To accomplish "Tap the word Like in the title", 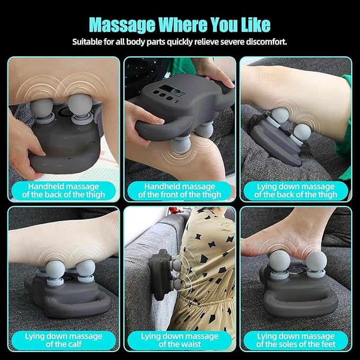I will coord(250,25).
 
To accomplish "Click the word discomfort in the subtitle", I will coord(264,41).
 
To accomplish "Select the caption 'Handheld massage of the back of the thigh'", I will coord(63,190).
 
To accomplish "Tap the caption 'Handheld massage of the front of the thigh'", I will coord(179,190).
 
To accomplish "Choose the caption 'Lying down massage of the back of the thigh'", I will coord(295,190).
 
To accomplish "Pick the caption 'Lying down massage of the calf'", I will coord(63,340).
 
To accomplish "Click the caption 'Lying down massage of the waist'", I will coord(179,340).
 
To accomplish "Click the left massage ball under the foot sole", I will coord(279,261).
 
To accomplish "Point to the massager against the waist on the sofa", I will coord(162,270).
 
